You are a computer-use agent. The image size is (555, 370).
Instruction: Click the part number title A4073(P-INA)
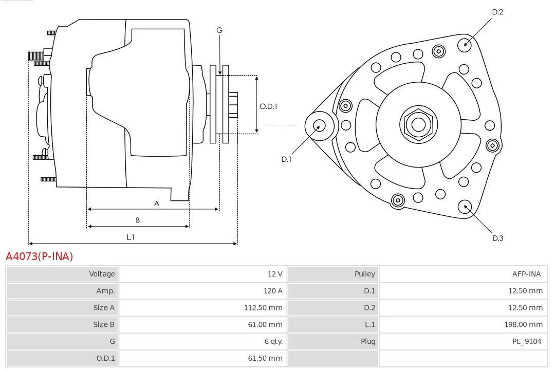click(x=40, y=256)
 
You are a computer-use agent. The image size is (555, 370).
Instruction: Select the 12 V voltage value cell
click(x=274, y=274)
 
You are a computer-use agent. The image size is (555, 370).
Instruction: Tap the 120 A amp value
click(x=273, y=291)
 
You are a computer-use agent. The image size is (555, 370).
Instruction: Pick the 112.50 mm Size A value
click(x=263, y=308)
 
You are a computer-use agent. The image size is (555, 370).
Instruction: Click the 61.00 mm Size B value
click(x=265, y=324)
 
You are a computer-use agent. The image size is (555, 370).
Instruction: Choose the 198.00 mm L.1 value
click(x=523, y=324)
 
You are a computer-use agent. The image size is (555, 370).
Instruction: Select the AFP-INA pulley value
click(x=526, y=274)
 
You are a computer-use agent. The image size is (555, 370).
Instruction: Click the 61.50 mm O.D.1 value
click(x=265, y=358)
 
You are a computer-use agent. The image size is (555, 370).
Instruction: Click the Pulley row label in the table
click(x=364, y=274)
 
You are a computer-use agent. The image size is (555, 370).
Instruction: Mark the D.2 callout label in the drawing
click(x=497, y=12)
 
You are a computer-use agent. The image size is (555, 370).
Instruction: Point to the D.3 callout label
click(x=497, y=238)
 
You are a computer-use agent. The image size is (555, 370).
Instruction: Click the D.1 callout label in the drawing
click(x=286, y=159)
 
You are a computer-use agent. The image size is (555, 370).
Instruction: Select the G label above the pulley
click(x=219, y=30)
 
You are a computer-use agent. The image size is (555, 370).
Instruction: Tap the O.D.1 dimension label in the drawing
click(x=268, y=107)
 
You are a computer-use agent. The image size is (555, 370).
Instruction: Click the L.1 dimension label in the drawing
click(x=131, y=237)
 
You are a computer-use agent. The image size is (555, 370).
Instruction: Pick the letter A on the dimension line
click(x=157, y=203)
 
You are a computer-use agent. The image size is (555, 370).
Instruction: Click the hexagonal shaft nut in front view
click(x=418, y=124)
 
